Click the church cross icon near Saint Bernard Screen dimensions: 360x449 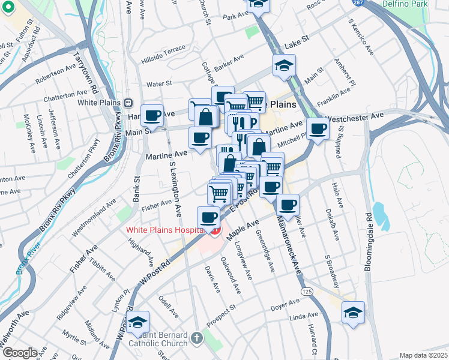click(x=196, y=339)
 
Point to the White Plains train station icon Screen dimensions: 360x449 click(x=127, y=102)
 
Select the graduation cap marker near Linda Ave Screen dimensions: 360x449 click(x=354, y=312)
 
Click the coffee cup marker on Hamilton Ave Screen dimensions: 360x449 click(x=152, y=115)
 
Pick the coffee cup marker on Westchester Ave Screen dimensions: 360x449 click(x=318, y=128)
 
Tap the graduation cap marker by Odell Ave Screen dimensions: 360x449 click(x=137, y=323)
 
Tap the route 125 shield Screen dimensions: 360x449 click(x=307, y=291)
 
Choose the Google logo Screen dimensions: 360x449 click(x=20, y=353)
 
